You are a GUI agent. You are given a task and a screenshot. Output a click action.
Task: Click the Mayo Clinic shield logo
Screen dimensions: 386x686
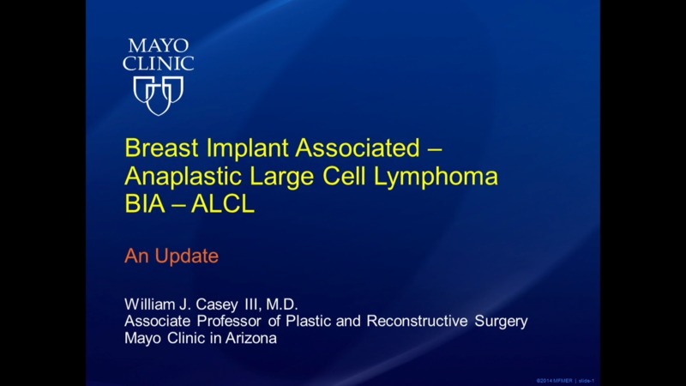[159, 93]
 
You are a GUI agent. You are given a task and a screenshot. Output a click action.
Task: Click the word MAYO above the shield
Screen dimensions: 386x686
[159, 45]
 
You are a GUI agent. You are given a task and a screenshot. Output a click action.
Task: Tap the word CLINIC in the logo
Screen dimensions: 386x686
[159, 63]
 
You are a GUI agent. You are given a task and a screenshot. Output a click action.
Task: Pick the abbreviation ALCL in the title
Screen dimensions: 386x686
[226, 207]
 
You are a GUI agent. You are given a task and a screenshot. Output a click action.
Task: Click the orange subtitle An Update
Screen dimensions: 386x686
[171, 256]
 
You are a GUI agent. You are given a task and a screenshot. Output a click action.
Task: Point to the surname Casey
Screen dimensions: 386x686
[226, 304]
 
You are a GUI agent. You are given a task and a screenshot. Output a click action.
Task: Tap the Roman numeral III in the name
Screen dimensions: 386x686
[262, 304]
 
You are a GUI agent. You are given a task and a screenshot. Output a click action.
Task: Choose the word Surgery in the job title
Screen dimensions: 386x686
[501, 321]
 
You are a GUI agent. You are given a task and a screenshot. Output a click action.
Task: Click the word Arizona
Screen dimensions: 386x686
[250, 338]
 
